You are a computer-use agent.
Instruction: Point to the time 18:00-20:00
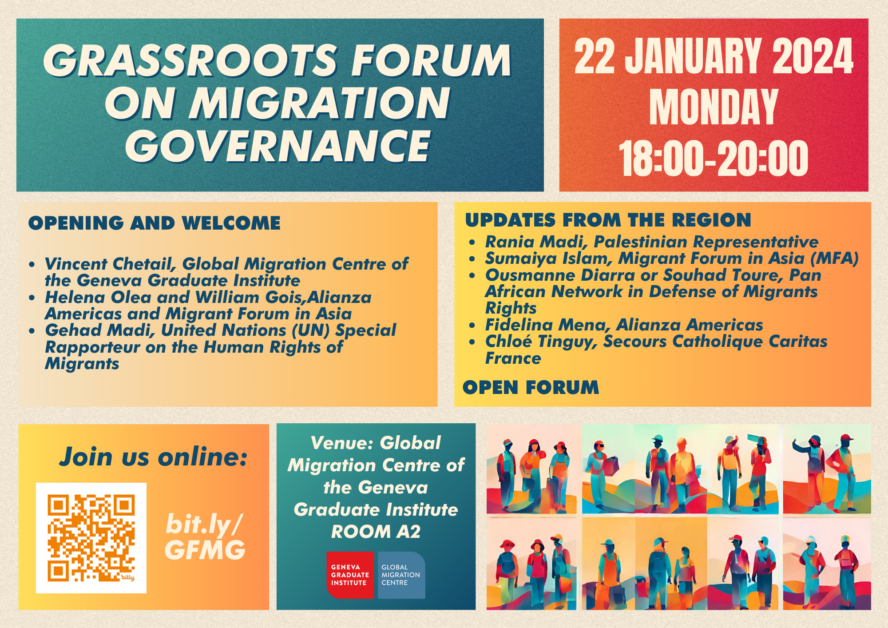(x=714, y=158)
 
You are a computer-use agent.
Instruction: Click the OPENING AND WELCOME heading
(x=155, y=223)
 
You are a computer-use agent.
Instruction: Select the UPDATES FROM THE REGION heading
(x=608, y=220)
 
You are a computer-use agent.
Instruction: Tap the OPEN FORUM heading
(x=531, y=387)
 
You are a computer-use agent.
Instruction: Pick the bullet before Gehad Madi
(x=32, y=331)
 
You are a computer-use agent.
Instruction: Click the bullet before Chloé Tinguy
(x=472, y=342)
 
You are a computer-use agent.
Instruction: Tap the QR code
(x=91, y=538)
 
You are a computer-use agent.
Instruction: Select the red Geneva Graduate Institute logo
(x=350, y=575)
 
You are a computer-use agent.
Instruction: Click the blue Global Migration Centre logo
(x=401, y=575)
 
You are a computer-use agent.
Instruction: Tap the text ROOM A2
(x=376, y=532)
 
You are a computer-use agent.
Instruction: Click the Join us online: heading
(x=153, y=457)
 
